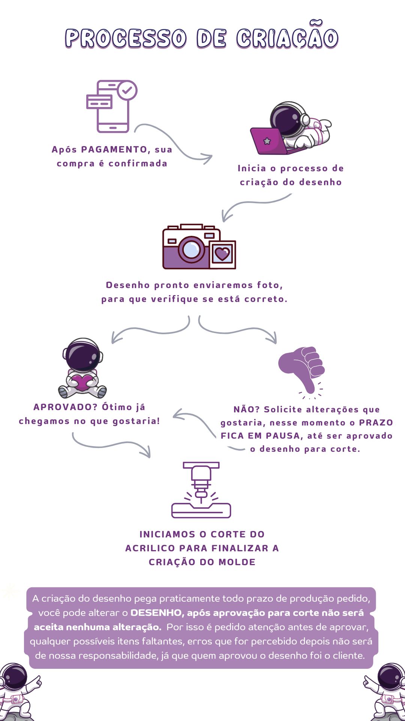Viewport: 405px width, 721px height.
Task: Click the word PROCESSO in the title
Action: (x=126, y=38)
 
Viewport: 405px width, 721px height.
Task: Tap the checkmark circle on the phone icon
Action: (x=127, y=90)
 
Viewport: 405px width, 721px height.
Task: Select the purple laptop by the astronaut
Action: (x=269, y=141)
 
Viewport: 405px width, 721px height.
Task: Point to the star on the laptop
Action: (x=267, y=141)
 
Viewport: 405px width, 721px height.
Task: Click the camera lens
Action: (x=192, y=249)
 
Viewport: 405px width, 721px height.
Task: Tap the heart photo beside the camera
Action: (x=222, y=255)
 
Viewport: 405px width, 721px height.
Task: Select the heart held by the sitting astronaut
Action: (x=82, y=382)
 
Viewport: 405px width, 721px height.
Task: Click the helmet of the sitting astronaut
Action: (x=82, y=355)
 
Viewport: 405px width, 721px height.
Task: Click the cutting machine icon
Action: (x=201, y=490)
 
